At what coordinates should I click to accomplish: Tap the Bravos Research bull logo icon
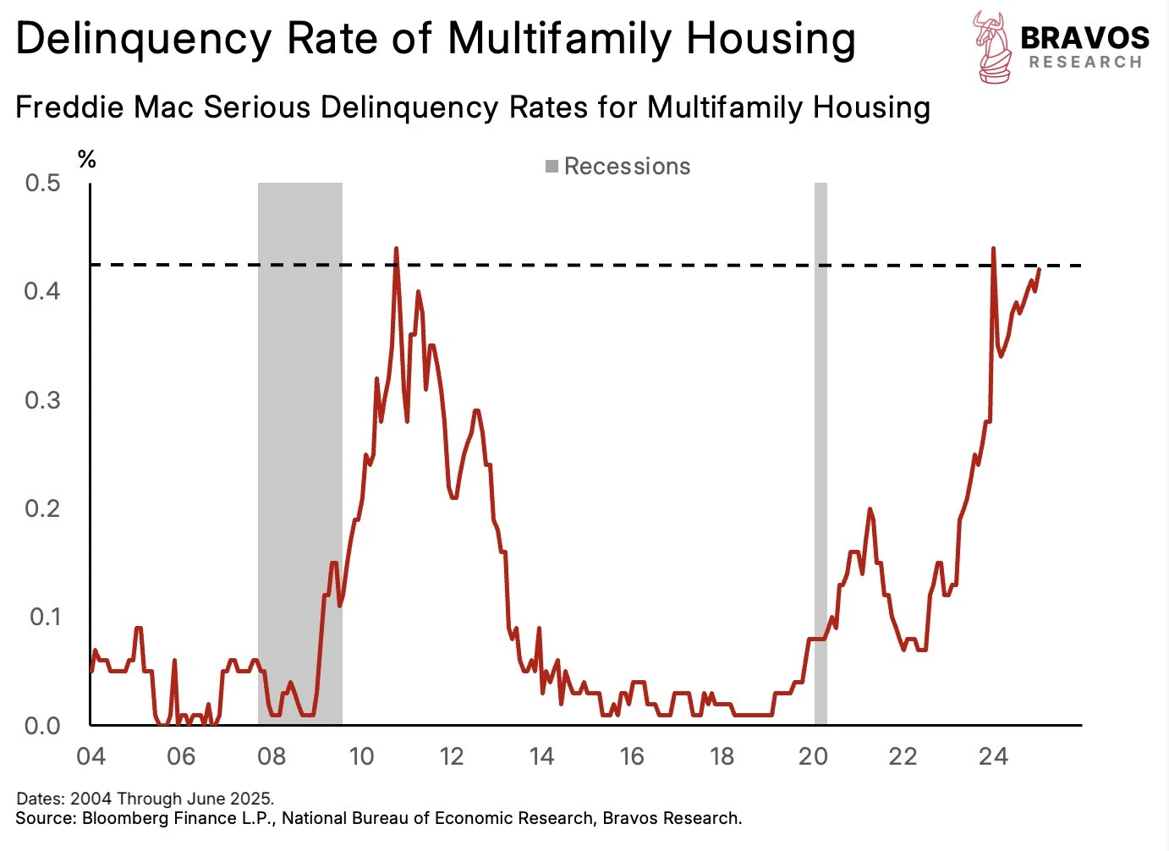click(991, 47)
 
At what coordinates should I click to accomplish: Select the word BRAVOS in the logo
click(1084, 37)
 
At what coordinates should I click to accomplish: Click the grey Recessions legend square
click(552, 167)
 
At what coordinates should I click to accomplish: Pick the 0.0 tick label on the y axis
click(42, 726)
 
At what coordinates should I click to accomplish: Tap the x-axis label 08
click(272, 756)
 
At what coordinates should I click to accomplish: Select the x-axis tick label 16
click(632, 756)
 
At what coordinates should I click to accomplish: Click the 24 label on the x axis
click(993, 756)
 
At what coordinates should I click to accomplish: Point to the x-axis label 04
click(91, 756)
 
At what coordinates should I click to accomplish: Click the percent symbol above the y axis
click(86, 159)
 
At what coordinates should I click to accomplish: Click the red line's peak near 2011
click(396, 249)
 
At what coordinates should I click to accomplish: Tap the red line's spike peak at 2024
click(993, 249)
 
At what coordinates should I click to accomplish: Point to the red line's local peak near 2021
click(870, 509)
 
